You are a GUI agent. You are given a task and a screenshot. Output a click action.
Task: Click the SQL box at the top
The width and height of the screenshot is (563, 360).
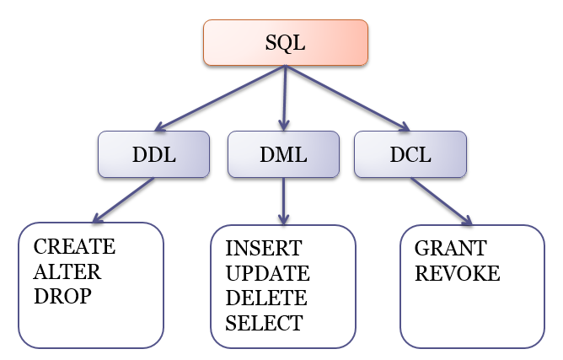click(x=286, y=43)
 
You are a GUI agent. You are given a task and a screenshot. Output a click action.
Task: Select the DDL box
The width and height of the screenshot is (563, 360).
click(x=153, y=155)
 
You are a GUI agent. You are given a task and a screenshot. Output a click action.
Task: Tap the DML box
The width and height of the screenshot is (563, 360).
click(x=283, y=155)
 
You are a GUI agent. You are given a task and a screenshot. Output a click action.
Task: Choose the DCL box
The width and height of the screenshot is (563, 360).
click(x=411, y=155)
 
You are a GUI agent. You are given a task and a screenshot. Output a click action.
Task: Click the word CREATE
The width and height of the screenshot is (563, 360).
click(x=74, y=248)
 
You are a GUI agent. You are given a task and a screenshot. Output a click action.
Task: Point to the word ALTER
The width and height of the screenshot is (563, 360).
click(x=67, y=272)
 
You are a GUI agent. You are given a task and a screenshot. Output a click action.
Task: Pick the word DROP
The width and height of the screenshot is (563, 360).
click(x=62, y=297)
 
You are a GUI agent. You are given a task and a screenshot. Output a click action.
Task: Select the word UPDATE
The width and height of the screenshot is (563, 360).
click(x=268, y=274)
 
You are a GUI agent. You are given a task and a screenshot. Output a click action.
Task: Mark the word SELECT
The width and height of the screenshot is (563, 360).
click(x=264, y=323)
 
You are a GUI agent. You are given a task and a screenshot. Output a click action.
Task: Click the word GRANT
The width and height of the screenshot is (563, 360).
click(x=451, y=250)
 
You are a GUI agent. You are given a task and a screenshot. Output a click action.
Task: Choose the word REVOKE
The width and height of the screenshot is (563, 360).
click(x=458, y=274)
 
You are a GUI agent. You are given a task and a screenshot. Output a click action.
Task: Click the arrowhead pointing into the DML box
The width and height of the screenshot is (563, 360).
click(x=284, y=125)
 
